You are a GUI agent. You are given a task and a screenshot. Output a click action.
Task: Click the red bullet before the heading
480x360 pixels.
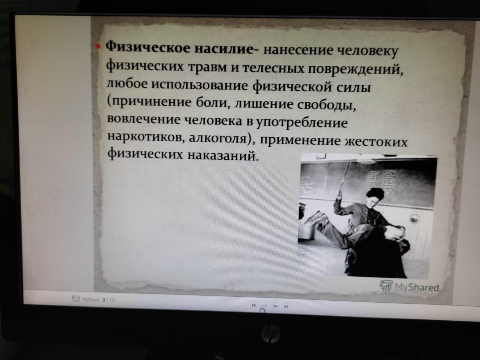pyautogui.click(x=98, y=46)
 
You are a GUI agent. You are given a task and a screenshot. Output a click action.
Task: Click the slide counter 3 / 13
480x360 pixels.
pyautogui.click(x=109, y=300)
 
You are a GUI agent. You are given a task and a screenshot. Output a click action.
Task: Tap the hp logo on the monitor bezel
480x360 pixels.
pyautogui.click(x=270, y=334)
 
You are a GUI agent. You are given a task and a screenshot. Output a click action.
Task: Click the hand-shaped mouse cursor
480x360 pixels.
pyautogui.click(x=262, y=310)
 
